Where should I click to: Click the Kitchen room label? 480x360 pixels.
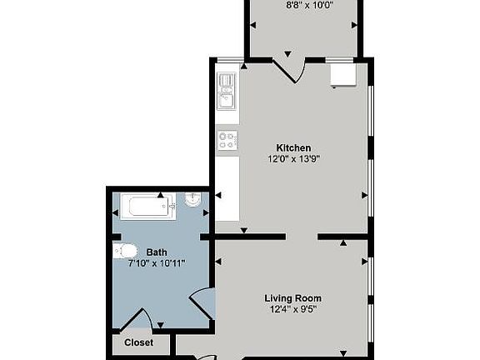coord(293,147)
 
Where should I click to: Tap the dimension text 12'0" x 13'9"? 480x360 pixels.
coord(294,159)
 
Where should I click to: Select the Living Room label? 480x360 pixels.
coord(293,298)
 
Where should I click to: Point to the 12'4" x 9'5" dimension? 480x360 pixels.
coord(293,309)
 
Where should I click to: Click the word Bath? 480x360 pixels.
coord(157,252)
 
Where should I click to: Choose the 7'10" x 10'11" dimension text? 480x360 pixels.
coord(157,263)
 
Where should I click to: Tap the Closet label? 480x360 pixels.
coord(138,342)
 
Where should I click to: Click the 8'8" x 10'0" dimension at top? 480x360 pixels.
coord(309,5)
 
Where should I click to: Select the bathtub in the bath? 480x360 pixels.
coord(148,207)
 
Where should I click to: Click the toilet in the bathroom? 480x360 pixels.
coord(125,251)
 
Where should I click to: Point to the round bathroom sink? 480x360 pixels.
coord(192,200)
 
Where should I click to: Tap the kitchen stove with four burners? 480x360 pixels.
coord(227,141)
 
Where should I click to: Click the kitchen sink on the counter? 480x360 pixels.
coord(226,91)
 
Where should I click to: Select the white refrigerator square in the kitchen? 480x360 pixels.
coord(343,74)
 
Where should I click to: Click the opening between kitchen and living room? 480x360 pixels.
coord(302,237)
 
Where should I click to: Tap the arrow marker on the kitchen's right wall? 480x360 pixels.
coord(365,195)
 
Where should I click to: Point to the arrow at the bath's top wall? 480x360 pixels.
coord(160,195)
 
